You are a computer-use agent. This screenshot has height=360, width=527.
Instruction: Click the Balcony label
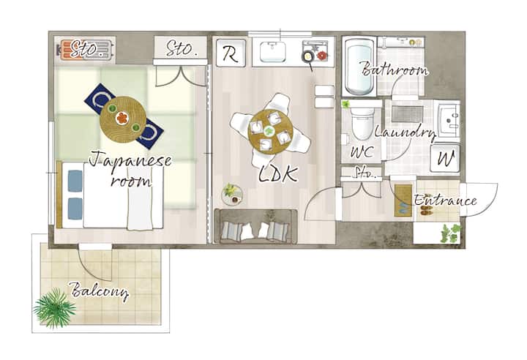tap(100, 291)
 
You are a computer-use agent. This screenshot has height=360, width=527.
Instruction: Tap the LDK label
tap(278, 174)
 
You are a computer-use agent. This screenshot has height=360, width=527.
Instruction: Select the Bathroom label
tap(395, 70)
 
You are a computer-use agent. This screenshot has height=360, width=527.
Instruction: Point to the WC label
tap(362, 152)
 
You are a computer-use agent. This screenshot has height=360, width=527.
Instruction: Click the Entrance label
tap(445, 200)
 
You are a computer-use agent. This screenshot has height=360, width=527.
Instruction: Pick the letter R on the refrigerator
tap(231, 54)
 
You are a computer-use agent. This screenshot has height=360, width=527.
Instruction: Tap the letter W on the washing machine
tap(446, 158)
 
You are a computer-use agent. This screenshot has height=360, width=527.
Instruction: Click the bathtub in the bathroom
tap(359, 67)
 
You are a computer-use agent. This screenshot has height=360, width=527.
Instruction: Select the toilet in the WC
tap(362, 124)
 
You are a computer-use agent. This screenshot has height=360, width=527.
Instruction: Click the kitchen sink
tap(272, 52)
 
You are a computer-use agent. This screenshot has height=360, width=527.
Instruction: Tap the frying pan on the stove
tap(309, 60)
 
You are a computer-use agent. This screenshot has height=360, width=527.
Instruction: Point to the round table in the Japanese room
tap(123, 120)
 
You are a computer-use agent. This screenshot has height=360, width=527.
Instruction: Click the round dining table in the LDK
tap(270, 132)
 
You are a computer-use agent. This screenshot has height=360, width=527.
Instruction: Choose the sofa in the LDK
tap(255, 226)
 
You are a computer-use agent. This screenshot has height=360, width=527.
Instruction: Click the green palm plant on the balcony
tap(54, 307)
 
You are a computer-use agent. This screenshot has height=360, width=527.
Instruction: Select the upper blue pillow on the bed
tap(75, 181)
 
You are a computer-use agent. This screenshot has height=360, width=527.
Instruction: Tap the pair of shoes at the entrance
tap(427, 209)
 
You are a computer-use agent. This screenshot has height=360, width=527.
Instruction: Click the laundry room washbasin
tap(449, 119)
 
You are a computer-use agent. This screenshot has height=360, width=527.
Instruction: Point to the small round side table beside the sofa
tap(232, 195)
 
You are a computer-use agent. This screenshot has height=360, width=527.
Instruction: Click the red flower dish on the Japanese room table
tap(122, 118)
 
